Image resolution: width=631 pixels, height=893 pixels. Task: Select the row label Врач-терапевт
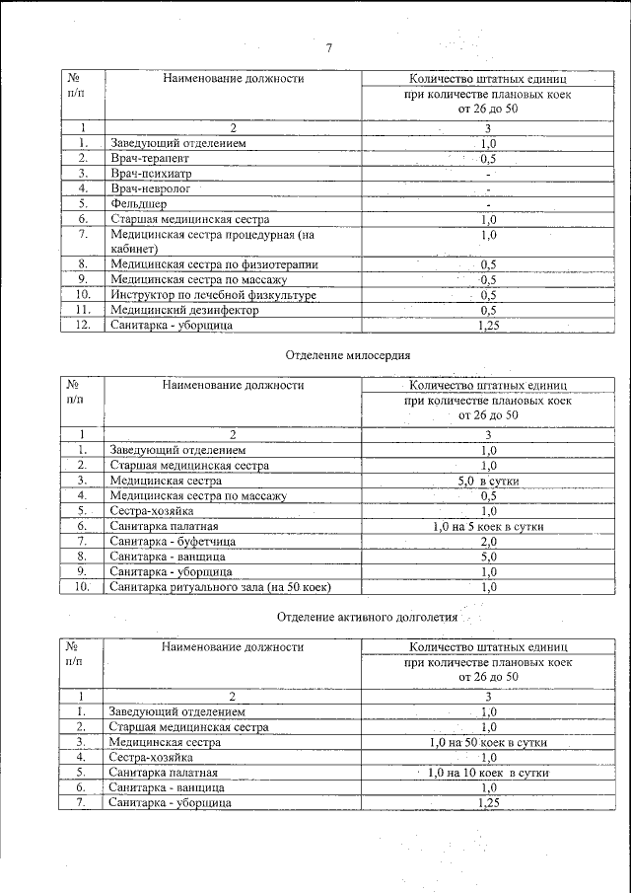tap(149, 158)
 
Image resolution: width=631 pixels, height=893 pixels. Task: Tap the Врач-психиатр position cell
tap(150, 173)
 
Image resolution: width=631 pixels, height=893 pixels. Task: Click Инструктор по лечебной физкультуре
tap(213, 295)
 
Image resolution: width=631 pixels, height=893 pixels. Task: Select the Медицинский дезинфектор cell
tap(184, 310)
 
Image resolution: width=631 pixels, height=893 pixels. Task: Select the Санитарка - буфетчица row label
tap(172, 542)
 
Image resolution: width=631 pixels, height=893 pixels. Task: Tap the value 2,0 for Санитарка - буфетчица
tap(488, 542)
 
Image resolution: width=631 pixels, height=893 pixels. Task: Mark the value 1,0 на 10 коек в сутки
tap(488, 773)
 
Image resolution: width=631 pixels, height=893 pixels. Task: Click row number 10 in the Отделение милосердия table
tap(83, 587)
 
